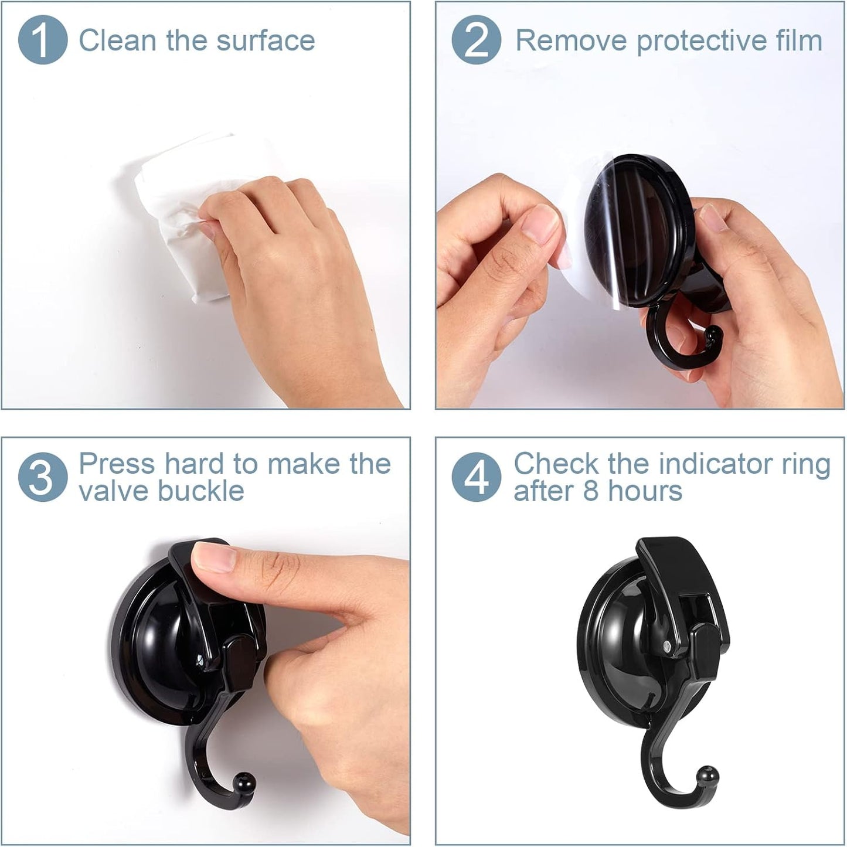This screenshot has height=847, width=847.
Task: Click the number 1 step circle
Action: [x=42, y=39]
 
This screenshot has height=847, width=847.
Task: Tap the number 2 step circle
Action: [x=476, y=39]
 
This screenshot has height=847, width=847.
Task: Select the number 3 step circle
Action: [x=42, y=477]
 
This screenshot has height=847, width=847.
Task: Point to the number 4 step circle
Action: [x=476, y=477]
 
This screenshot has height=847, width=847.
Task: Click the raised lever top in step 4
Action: [x=659, y=551]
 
